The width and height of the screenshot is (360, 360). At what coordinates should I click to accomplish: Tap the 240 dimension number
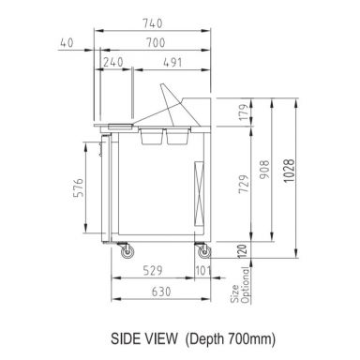pyautogui.click(x=114, y=64)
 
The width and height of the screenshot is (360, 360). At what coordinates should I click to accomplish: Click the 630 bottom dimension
pyautogui.click(x=161, y=292)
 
